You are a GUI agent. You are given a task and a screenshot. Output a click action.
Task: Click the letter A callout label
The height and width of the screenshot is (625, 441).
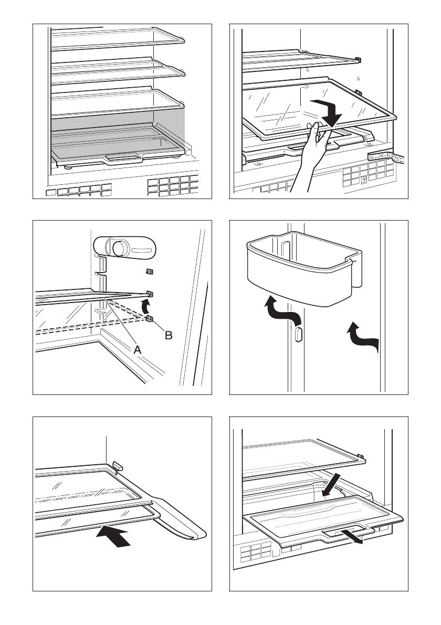click(137, 350)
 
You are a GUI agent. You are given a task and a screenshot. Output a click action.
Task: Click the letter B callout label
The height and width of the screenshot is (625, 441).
click(169, 335)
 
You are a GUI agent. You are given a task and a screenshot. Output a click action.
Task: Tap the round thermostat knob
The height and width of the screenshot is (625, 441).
click(119, 248)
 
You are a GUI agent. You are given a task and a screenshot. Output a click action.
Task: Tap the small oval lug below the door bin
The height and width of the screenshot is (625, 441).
click(299, 334)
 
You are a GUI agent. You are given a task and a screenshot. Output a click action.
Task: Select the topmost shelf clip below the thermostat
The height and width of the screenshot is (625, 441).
click(150, 272)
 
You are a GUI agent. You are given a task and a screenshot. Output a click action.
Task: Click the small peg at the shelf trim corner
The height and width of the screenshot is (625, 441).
click(118, 465)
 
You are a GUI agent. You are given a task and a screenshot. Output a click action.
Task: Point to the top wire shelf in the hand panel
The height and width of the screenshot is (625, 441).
click(301, 59)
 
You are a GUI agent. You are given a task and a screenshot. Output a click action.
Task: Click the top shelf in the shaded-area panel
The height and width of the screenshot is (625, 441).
click(118, 39)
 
